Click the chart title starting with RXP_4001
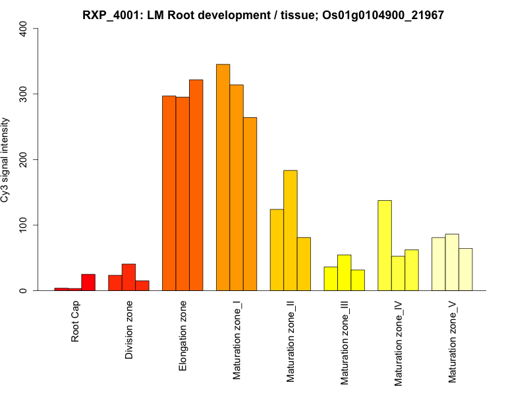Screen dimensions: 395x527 [x=263, y=14]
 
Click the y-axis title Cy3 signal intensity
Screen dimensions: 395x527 [x=6, y=159]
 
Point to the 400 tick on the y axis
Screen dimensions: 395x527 [x=24, y=28]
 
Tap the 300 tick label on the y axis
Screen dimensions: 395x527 [x=24, y=94]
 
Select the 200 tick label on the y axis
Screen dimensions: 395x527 [x=24, y=159]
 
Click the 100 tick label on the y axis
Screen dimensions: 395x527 [x=24, y=225]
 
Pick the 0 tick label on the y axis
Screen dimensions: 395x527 [x=24, y=290]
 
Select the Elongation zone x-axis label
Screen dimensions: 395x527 [x=183, y=336]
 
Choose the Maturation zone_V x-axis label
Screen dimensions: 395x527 [x=453, y=342]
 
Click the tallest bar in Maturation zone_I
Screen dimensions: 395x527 [x=223, y=177]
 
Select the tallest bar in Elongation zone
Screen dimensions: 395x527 [x=196, y=185]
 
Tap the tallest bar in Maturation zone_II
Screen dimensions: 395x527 [x=291, y=230]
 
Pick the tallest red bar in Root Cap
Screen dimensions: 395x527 [x=88, y=282]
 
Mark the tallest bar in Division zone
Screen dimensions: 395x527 [x=129, y=277]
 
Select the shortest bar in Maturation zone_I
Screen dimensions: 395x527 [x=250, y=204]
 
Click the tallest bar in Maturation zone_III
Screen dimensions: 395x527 [x=345, y=273]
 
